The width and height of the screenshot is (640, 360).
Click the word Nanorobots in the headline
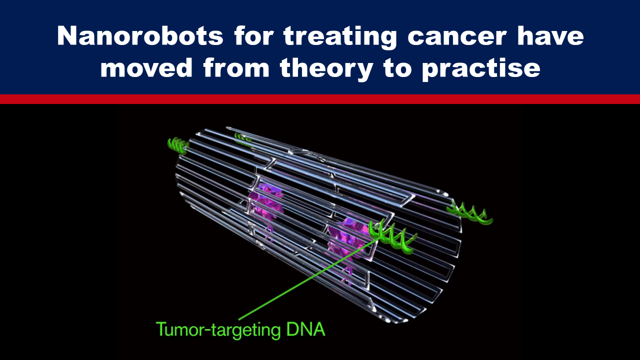tap(140, 36)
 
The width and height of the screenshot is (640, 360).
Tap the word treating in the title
tap(340, 37)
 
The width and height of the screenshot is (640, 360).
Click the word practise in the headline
tap(481, 69)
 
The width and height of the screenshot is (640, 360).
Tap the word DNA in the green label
tap(305, 329)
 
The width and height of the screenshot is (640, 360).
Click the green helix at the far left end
tap(178, 145)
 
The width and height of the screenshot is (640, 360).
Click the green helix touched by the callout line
tap(392, 236)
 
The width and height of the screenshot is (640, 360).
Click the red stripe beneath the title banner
tap(320, 99)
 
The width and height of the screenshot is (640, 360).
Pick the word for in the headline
tap(253, 36)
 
